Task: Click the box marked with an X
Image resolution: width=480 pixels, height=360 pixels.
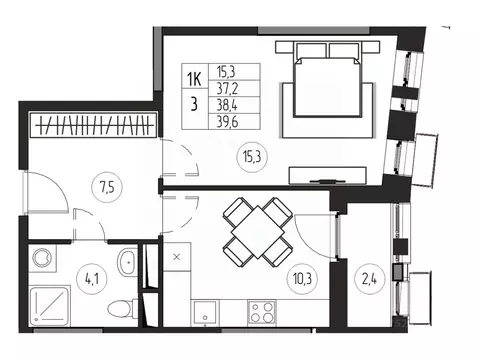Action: tap(177, 257)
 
